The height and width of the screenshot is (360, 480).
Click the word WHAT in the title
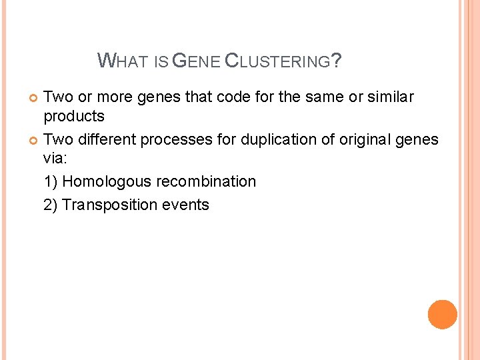pos(124,62)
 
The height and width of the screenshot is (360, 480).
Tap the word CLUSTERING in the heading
pos(278,62)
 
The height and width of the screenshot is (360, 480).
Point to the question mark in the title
pos(337,62)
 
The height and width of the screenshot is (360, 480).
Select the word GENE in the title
pos(195,62)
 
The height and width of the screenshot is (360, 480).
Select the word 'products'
pos(74,117)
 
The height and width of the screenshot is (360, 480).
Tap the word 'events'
pos(185,205)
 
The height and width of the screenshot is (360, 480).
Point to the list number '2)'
pos(51,205)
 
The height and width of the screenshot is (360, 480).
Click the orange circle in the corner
pos(442,315)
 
